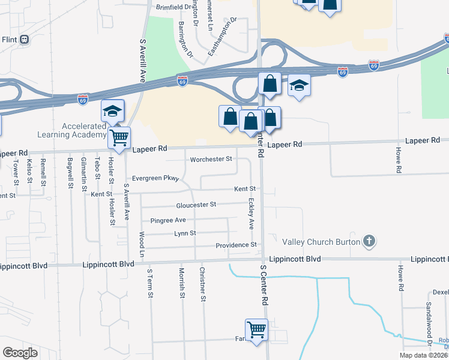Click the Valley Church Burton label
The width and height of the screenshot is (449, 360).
(321, 242)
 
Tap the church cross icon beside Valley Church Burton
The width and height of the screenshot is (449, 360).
(369, 242)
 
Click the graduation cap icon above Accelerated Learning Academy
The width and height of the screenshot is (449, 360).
(112, 110)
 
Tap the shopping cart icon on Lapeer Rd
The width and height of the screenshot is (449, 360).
(119, 137)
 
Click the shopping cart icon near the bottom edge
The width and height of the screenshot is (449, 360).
(256, 329)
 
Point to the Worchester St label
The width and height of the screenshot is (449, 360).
(211, 159)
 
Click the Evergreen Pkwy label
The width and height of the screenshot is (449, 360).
(155, 178)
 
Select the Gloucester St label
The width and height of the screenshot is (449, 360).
(196, 205)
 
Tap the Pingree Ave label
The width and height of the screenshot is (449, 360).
(168, 220)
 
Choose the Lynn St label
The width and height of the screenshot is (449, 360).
(185, 233)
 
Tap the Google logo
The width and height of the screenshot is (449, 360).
(20, 353)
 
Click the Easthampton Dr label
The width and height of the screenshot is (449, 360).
(219, 37)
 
